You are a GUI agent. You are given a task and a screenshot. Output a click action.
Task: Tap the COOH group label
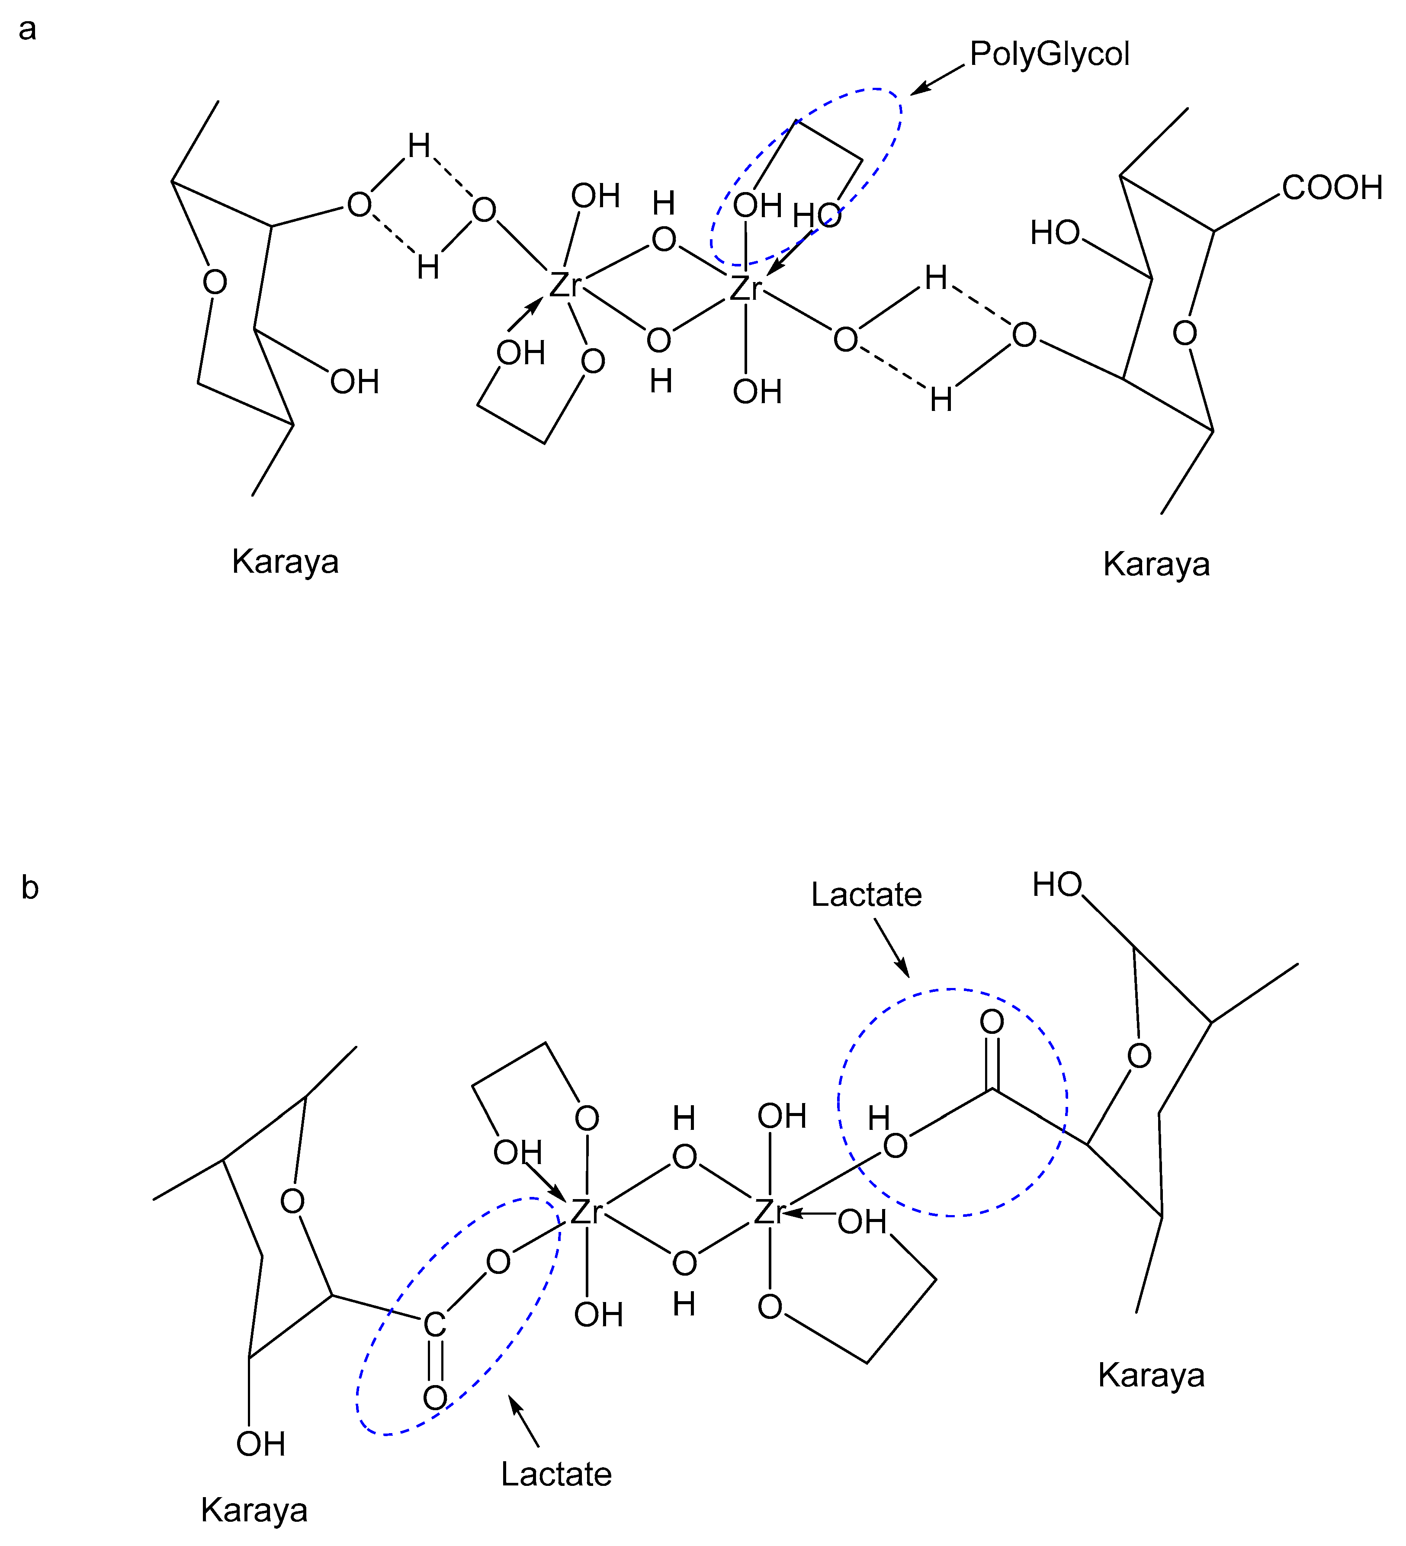pos(1332,188)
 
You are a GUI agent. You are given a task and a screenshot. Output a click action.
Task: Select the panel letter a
pos(28,29)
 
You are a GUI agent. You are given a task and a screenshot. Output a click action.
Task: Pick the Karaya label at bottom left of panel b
pos(254,1510)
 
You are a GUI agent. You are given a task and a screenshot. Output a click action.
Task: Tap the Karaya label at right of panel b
pos(1151,1375)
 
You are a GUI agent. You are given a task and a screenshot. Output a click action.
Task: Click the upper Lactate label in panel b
pos(866,895)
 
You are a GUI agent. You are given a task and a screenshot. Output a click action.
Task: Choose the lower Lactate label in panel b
pos(556,1474)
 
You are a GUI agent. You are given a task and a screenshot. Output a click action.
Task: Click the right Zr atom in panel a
pos(745,289)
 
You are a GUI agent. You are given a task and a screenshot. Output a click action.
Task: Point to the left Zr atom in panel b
pos(586,1212)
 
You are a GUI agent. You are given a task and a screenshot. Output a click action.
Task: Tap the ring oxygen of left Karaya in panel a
pos(215,282)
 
